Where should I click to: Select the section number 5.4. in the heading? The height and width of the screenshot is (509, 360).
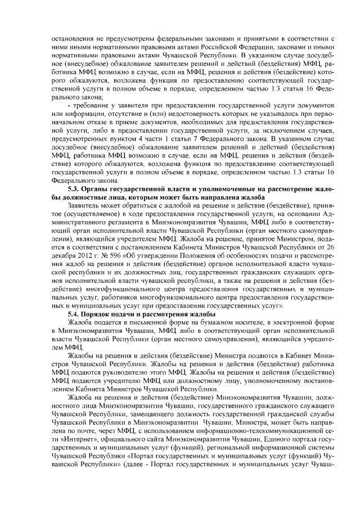74,313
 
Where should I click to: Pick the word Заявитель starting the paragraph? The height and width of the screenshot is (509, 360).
85,206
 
